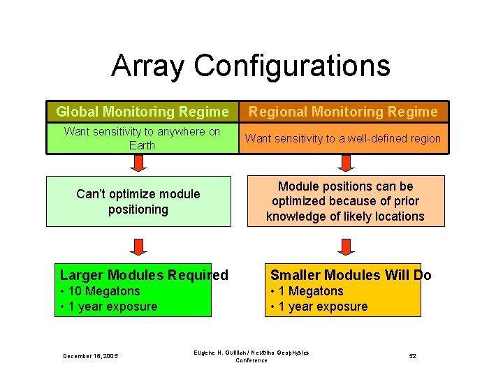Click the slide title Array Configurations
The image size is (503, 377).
[250, 66]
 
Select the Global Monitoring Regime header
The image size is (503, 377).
[142, 112]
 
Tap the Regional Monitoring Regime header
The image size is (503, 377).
[343, 112]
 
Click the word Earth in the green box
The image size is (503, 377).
[142, 145]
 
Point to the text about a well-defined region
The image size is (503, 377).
[342, 138]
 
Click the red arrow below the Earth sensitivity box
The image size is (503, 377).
[138, 163]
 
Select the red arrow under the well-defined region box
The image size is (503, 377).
[345, 163]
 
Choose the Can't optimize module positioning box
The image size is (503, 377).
[138, 201]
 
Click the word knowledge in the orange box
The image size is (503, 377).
[298, 216]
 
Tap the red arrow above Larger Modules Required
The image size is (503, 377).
[138, 246]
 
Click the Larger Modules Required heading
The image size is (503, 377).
[144, 275]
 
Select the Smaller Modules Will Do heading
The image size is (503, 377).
[351, 275]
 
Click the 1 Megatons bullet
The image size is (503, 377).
[307, 291]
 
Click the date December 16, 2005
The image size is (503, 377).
[90, 356]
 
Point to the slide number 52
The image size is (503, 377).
[412, 356]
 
